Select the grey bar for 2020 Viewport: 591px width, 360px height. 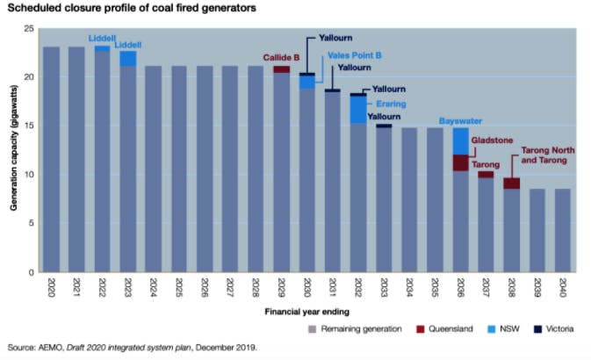[51, 158]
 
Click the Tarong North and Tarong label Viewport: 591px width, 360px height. [547, 155]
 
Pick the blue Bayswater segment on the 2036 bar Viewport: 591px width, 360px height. [460, 140]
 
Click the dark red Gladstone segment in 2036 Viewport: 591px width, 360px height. [460, 162]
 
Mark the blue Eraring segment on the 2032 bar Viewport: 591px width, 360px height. [358, 109]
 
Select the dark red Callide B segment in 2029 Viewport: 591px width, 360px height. [281, 69]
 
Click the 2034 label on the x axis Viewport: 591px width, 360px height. [410, 286]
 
